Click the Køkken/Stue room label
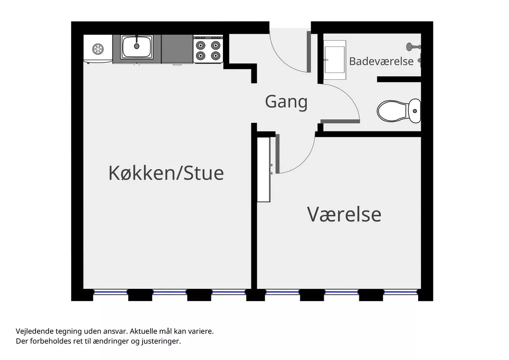166,173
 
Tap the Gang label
286,102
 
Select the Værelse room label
344,215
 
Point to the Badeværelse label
381,61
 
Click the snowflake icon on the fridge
98,49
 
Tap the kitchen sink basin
137,47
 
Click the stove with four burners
208,49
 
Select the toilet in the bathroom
399,111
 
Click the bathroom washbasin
335,60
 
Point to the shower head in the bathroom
412,47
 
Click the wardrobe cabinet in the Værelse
263,169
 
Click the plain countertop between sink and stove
177,49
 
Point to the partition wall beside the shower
399,79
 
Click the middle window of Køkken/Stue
170,292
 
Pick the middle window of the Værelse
341,292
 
